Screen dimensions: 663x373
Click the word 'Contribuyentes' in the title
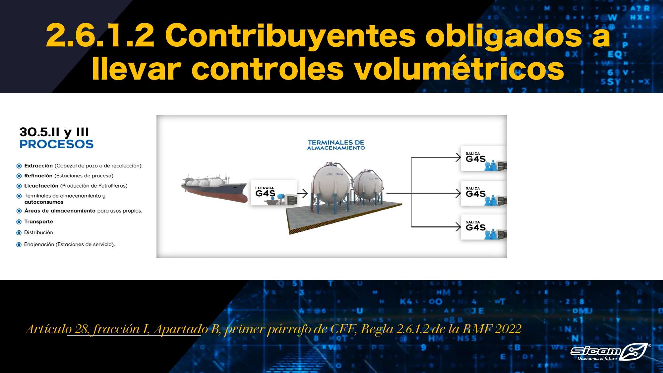[290, 35]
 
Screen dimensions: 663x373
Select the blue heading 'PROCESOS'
[56, 144]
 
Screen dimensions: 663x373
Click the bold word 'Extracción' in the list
[38, 166]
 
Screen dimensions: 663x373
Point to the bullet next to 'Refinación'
[19, 176]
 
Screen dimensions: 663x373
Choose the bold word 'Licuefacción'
[41, 186]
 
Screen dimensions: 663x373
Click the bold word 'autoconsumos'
[44, 202]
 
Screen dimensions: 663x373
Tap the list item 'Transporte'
[38, 221]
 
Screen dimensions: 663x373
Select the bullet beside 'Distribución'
[19, 233]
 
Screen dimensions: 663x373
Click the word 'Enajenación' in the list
[39, 244]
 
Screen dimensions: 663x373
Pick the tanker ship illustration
[214, 188]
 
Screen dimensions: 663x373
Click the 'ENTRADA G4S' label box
[274, 193]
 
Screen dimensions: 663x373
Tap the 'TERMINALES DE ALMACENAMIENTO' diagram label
[336, 145]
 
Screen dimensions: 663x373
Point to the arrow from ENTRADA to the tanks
[303, 193]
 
